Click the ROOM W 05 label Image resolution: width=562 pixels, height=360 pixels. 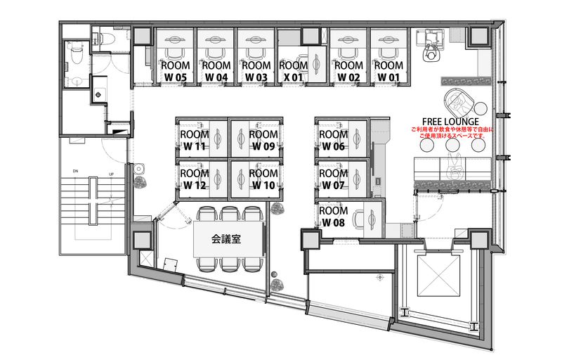tap(176, 71)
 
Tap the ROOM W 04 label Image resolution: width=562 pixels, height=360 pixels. tap(216, 71)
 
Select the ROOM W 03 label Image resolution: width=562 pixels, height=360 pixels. tap(256, 71)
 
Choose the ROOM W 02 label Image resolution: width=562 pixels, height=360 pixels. tap(348, 71)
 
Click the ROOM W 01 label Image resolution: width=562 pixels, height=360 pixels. tap(388, 71)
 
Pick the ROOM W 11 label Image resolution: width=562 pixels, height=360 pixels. tap(194, 140)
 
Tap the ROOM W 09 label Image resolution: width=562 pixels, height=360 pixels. tap(264, 140)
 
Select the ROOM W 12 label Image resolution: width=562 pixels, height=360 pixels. tap(194, 179)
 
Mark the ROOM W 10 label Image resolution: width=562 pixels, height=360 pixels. tap(264, 179)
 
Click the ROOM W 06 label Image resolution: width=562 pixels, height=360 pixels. tap(334, 140)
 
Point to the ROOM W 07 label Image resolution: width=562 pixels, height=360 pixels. tap(334, 179)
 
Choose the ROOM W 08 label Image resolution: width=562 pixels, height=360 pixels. tap(334, 217)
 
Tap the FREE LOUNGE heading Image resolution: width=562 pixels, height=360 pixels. tap(451, 122)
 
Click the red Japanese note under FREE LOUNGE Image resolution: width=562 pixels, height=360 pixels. tap(452, 133)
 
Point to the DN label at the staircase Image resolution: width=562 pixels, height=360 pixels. tap(74, 171)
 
